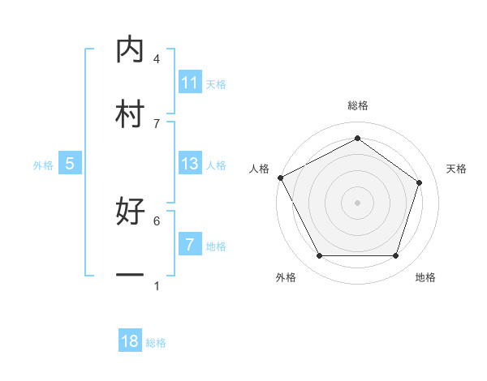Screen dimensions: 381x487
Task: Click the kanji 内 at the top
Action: click(x=130, y=50)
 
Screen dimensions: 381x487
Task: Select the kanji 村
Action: click(x=130, y=114)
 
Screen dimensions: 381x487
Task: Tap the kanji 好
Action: click(x=130, y=212)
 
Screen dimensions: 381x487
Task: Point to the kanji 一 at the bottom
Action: click(x=130, y=276)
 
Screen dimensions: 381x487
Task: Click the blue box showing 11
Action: click(x=190, y=83)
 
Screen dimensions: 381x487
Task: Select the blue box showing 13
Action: click(x=190, y=164)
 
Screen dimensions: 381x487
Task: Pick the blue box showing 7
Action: click(x=190, y=245)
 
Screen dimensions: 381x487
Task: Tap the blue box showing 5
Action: click(x=70, y=164)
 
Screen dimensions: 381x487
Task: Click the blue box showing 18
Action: click(x=130, y=341)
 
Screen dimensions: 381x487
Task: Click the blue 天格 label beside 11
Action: click(x=216, y=83)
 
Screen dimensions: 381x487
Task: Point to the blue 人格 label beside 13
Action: click(x=216, y=165)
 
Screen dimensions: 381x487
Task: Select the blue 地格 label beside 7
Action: click(x=216, y=246)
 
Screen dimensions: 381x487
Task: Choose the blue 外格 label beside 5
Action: click(x=43, y=165)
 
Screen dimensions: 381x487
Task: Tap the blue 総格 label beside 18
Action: click(x=156, y=342)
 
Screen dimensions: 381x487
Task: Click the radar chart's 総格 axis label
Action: click(x=357, y=105)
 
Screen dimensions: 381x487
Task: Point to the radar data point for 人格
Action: click(x=280, y=177)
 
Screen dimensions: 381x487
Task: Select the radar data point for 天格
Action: click(x=420, y=182)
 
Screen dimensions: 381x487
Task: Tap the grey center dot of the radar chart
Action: click(x=357, y=202)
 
